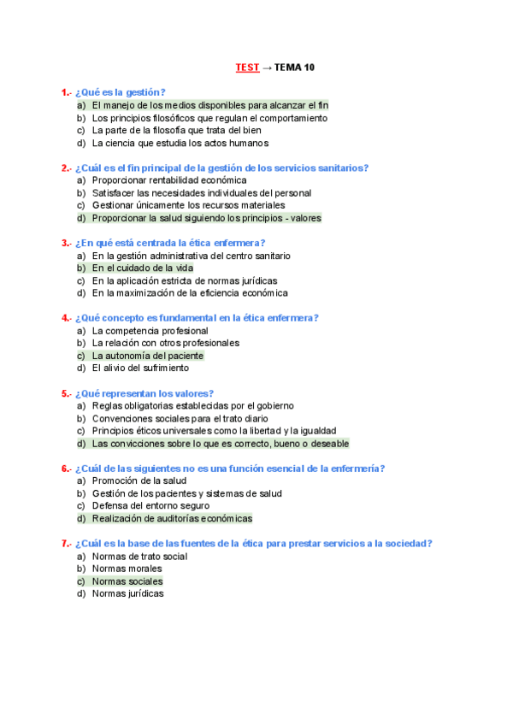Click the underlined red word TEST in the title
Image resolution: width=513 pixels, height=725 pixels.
pos(247,67)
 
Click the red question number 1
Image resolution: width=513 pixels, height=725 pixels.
pos(65,92)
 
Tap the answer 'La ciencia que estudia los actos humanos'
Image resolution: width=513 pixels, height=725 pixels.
pos(180,143)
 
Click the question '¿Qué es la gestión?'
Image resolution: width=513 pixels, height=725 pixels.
pos(121,92)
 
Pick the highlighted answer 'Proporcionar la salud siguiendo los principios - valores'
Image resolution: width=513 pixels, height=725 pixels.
pos(206,218)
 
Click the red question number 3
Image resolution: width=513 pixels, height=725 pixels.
pos(65,243)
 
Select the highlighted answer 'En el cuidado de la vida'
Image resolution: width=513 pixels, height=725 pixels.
pos(143,268)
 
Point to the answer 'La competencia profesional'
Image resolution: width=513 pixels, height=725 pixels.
pos(150,330)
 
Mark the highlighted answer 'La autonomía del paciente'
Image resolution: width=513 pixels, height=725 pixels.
pos(148,356)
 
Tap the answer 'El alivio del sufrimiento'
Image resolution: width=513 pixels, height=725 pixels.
pos(140,368)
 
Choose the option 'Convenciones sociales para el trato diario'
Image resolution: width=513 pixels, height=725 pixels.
pos(180,418)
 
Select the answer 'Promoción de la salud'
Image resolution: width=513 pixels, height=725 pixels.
pos(139,480)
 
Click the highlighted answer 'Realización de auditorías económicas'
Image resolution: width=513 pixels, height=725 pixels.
pos(172,518)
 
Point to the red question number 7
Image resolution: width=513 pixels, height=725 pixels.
pos(65,543)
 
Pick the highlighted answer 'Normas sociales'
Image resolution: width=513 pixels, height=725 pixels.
pos(127,581)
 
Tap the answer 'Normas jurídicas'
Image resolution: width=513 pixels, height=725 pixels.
pos(128,593)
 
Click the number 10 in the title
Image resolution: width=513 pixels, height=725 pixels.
pos(310,67)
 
